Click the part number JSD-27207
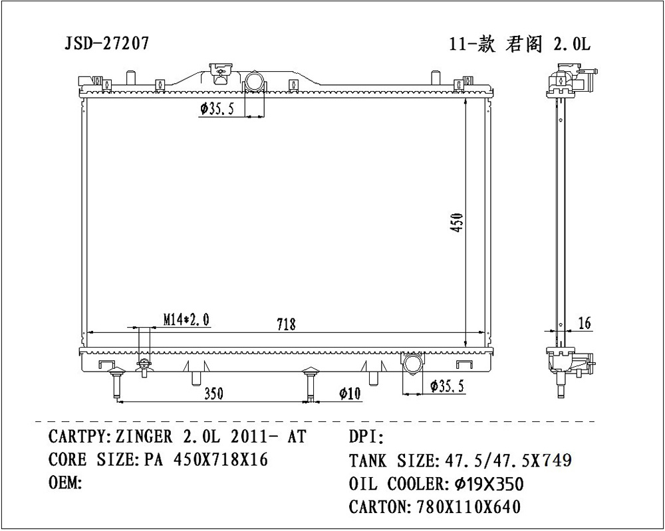coord(106,44)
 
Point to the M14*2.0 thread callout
coord(186,320)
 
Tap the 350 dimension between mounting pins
coord(213,393)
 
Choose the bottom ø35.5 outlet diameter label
coord(452,385)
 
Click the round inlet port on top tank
coord(254,82)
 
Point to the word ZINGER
coord(143,437)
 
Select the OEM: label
coord(65,482)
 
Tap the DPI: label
coord(366,437)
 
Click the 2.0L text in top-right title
coord(571,44)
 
